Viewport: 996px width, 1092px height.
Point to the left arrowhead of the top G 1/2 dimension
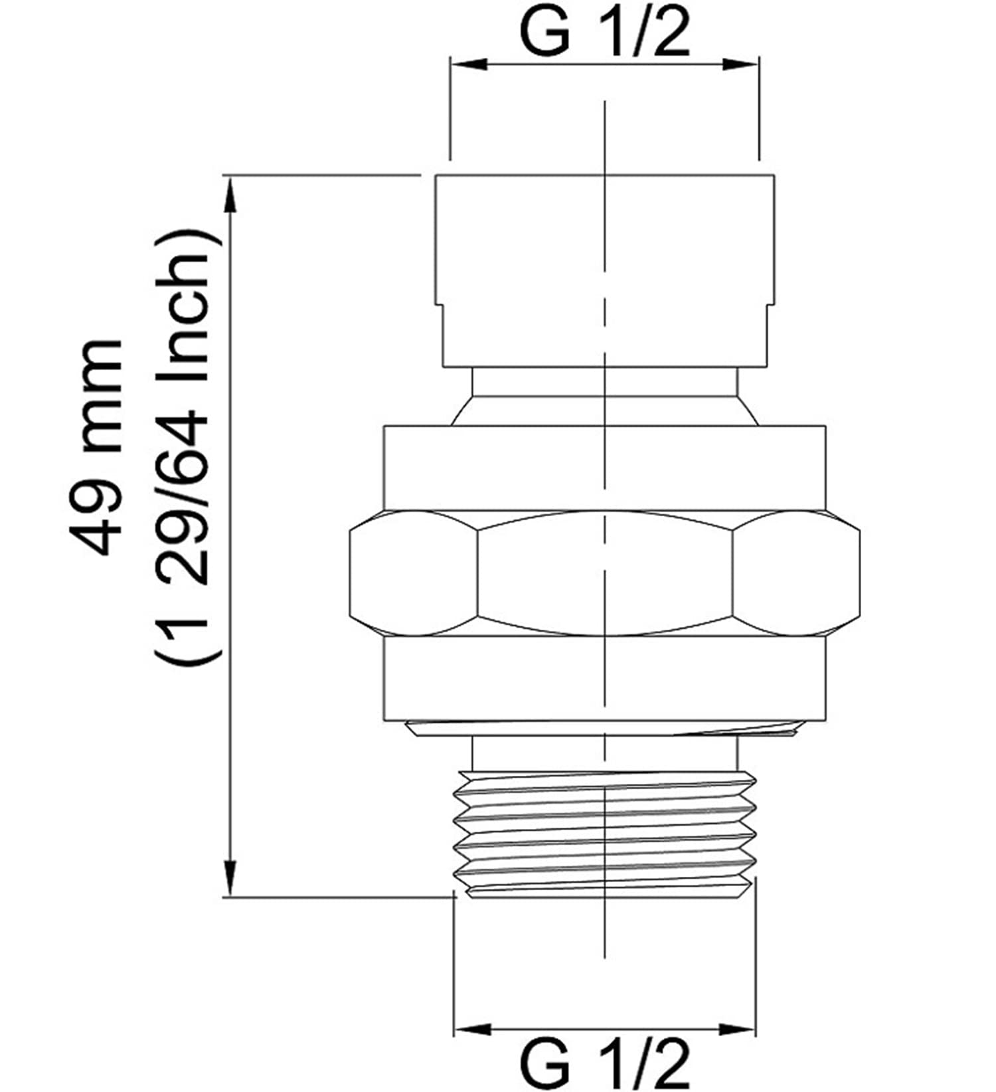click(x=469, y=64)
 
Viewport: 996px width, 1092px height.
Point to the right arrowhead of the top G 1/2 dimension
click(x=740, y=64)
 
